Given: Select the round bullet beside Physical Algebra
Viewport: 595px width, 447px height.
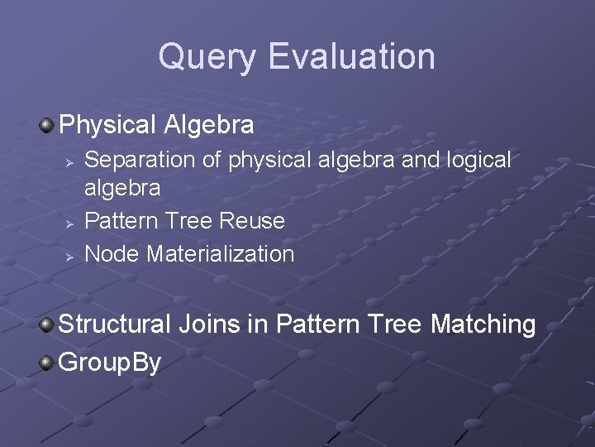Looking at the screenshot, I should (x=47, y=126).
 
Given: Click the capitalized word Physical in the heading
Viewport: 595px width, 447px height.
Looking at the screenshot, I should (x=107, y=126).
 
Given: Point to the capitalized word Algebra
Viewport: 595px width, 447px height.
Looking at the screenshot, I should (x=209, y=126).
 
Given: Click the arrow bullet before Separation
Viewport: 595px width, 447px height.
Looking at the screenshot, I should (x=71, y=160).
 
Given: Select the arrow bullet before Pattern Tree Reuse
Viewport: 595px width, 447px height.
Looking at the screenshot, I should (x=71, y=222).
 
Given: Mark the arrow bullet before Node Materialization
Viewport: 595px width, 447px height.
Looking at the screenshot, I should (x=71, y=255).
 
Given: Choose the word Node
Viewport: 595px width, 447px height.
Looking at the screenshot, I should (x=112, y=254).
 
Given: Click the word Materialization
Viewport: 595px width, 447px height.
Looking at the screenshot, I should (x=220, y=254).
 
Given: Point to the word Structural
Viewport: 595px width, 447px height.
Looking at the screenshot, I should (x=114, y=324).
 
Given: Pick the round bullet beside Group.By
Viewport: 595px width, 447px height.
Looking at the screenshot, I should (x=47, y=362).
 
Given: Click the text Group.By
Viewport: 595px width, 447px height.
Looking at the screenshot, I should (x=110, y=363).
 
